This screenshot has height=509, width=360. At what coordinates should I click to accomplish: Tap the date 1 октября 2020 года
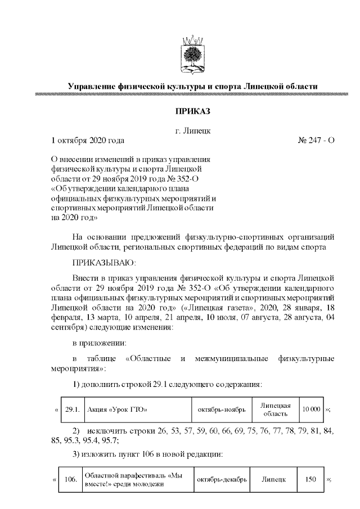pyautogui.click(x=87, y=140)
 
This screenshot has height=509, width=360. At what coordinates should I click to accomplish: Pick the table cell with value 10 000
pyautogui.click(x=310, y=409)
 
